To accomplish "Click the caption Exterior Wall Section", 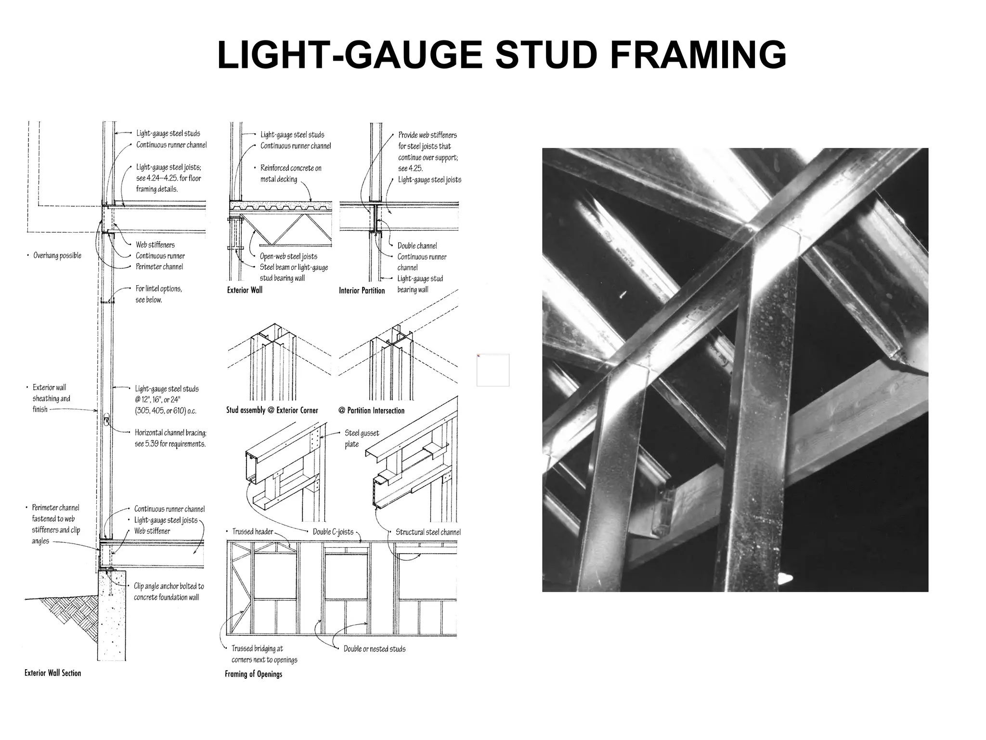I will click(x=52, y=673).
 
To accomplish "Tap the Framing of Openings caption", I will click(x=253, y=674).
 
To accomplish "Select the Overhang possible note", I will click(x=57, y=255).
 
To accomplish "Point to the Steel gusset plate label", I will click(x=362, y=438).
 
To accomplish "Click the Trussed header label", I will click(x=252, y=531).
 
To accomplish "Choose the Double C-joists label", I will click(x=333, y=532).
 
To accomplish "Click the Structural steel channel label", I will click(x=428, y=532).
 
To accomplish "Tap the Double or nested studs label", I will click(x=374, y=649).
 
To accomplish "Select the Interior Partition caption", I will click(x=362, y=291).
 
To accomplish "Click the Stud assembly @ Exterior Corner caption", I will click(x=272, y=410).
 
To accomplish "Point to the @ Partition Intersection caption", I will click(x=371, y=410).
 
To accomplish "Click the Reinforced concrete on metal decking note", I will click(x=290, y=173).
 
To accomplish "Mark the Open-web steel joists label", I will click(x=288, y=256).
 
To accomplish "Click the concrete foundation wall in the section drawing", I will click(x=112, y=621).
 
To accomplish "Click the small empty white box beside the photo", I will click(x=493, y=370).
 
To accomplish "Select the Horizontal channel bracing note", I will click(x=170, y=438).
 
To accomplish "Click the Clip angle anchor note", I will click(x=169, y=592).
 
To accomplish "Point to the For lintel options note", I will click(x=158, y=294).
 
